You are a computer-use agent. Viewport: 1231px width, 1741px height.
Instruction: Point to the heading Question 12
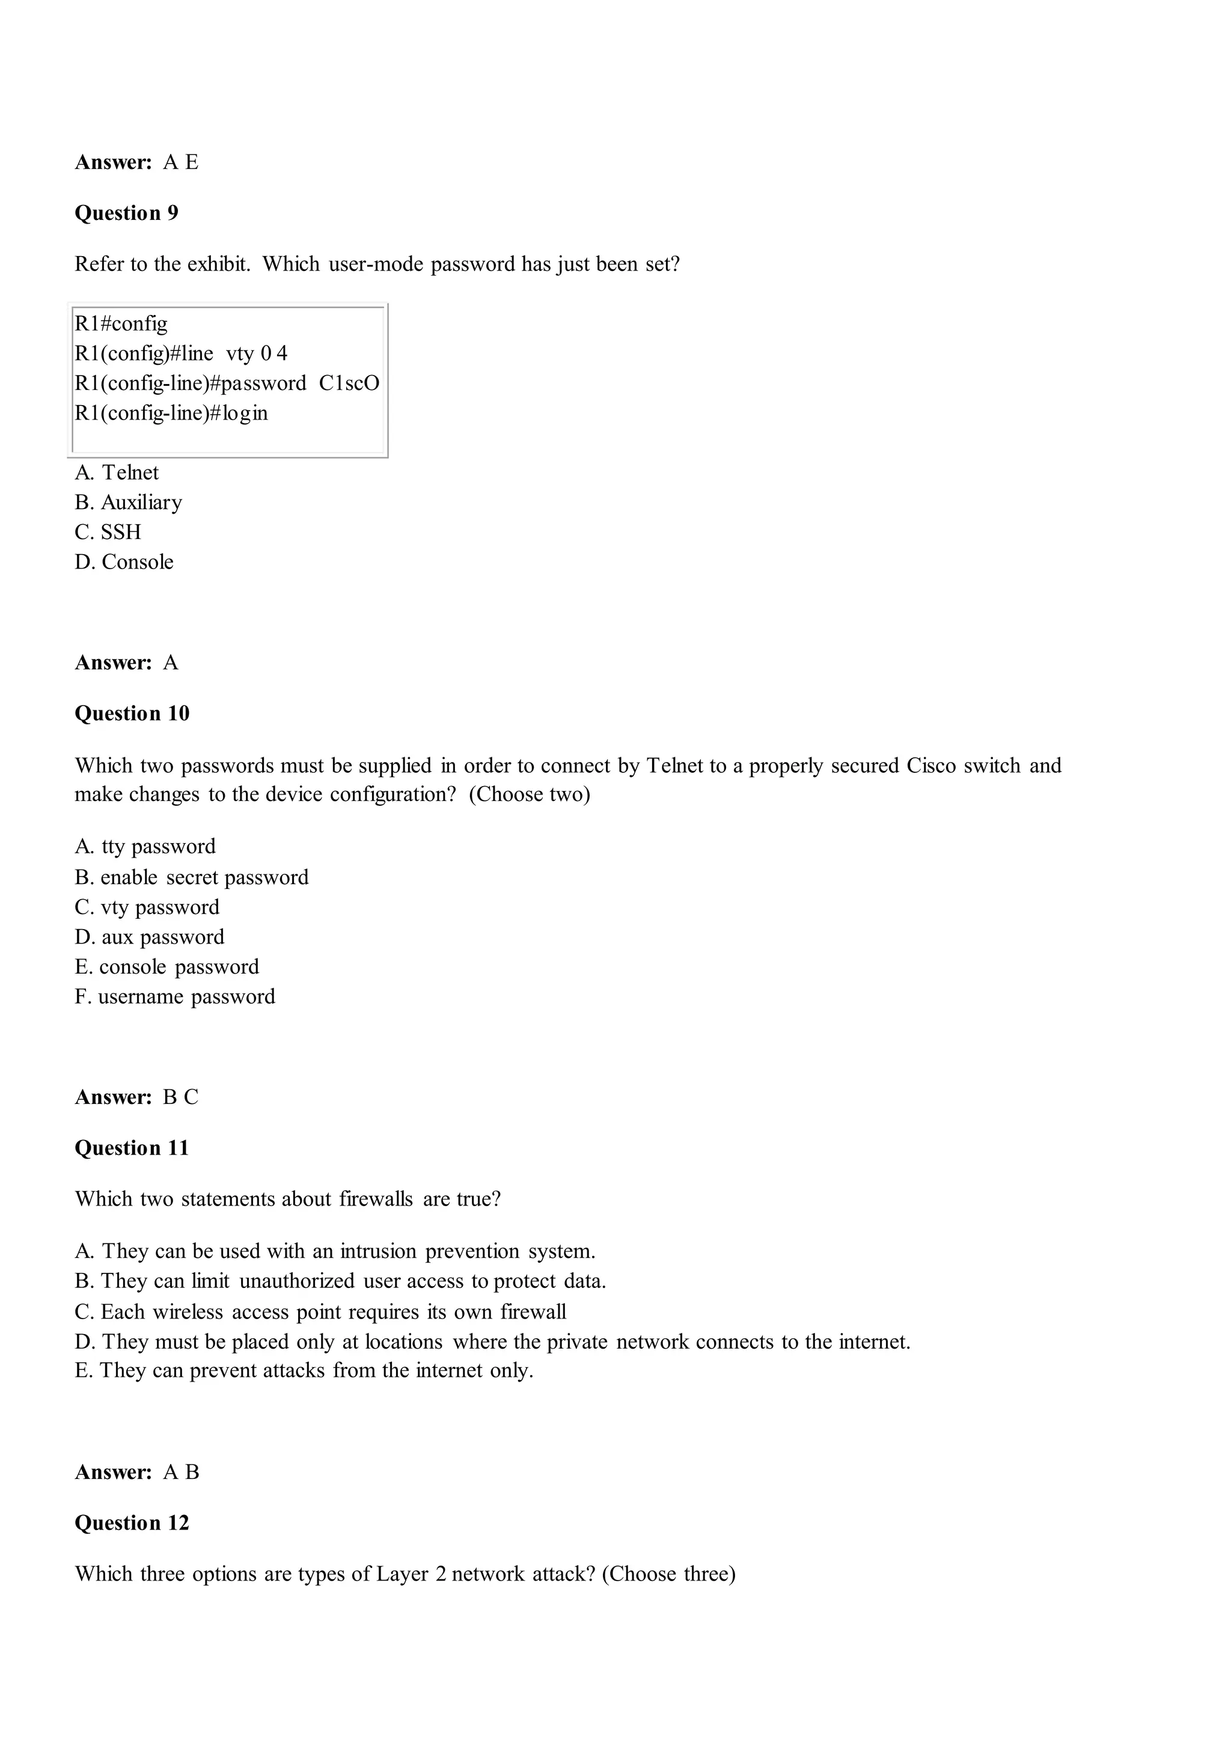tap(132, 1523)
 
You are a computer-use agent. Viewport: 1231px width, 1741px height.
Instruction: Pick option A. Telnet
tap(117, 473)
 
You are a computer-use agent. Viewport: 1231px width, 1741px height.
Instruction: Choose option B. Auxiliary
tap(128, 503)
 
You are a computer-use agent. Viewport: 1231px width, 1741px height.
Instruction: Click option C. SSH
tap(108, 532)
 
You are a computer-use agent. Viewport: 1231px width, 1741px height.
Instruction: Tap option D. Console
tap(124, 562)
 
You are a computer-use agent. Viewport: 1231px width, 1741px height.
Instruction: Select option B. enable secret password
tap(191, 877)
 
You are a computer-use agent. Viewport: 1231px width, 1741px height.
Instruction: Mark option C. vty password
tap(147, 907)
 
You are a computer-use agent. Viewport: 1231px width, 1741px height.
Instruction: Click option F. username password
tap(174, 996)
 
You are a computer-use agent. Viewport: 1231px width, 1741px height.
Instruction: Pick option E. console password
tap(167, 967)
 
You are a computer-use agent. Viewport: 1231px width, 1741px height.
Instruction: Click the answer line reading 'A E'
tap(136, 162)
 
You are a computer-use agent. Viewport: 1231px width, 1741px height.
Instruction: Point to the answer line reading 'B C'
tap(136, 1097)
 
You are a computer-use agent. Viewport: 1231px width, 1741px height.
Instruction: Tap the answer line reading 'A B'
tap(136, 1472)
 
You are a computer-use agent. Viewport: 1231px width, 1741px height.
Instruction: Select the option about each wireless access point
tap(320, 1313)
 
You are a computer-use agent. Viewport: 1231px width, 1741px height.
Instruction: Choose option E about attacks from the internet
tap(304, 1371)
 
